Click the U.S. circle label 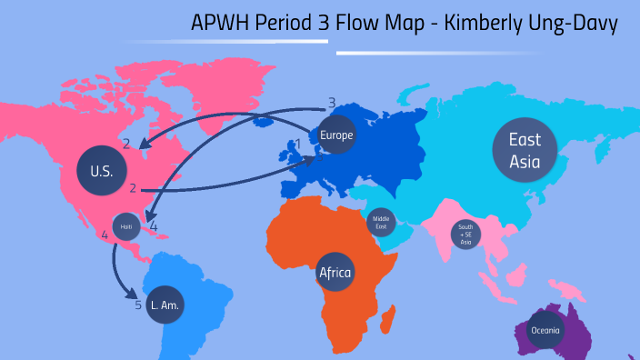(x=101, y=169)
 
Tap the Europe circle (x=335, y=135)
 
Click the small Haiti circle (x=126, y=226)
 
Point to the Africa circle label (x=335, y=271)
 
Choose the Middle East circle (x=381, y=222)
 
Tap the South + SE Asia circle (x=465, y=235)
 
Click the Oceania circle (x=546, y=329)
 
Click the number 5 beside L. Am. (x=138, y=305)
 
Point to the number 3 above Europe (x=332, y=103)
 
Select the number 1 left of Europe (x=297, y=144)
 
